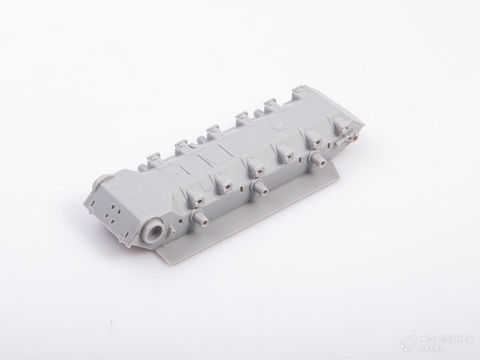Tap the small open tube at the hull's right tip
(355, 138)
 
